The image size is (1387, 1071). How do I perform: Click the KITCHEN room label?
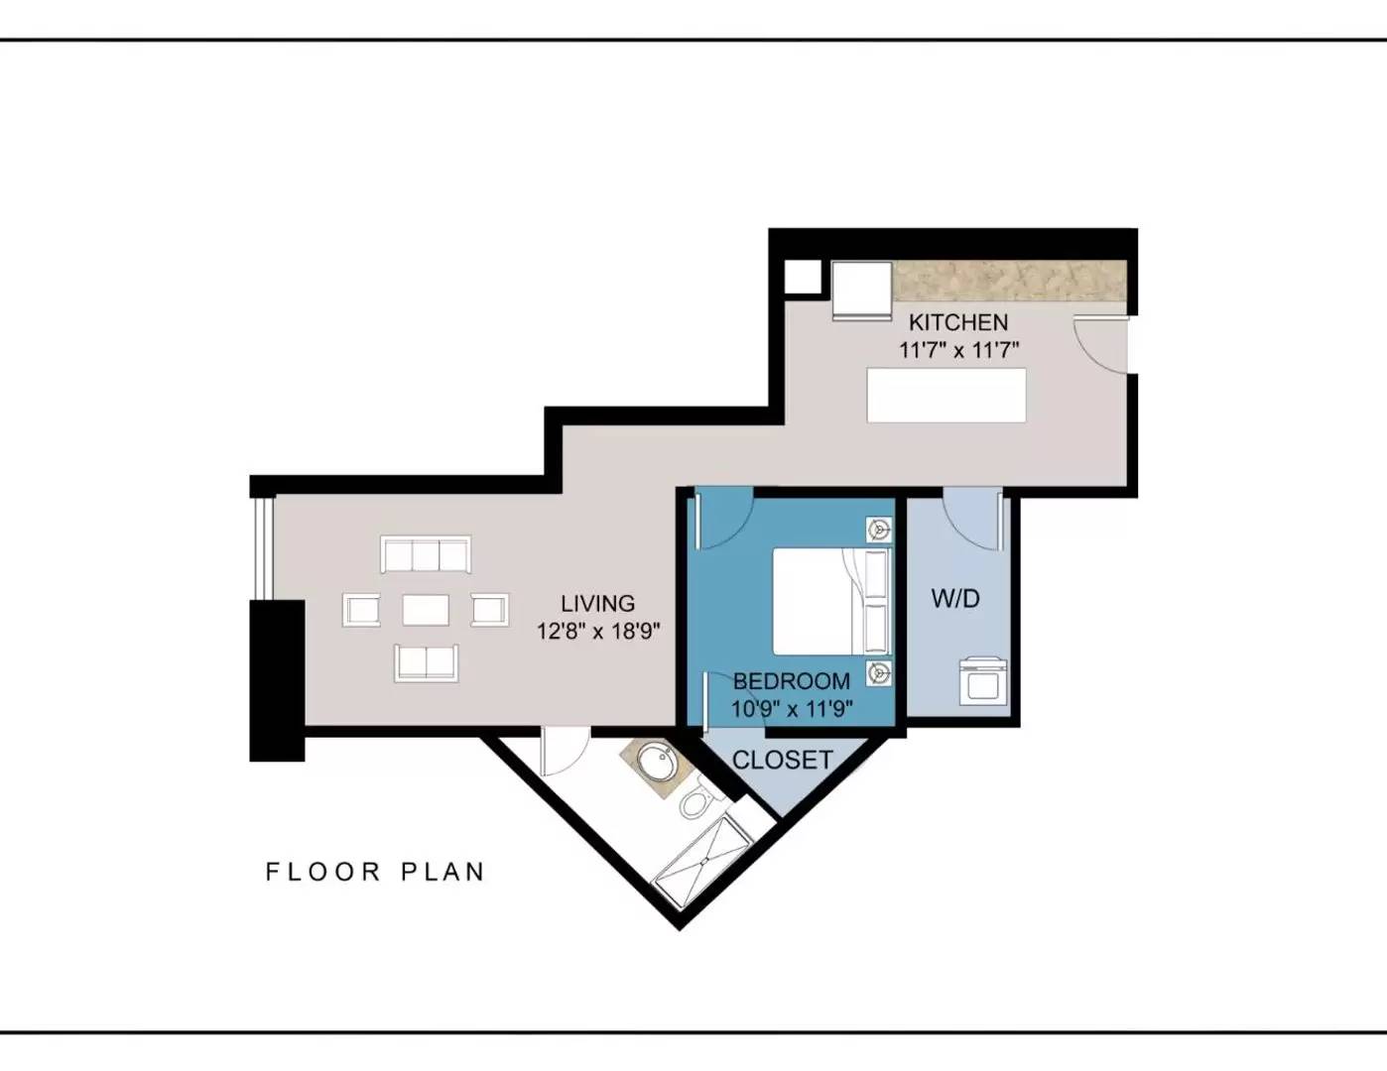coord(958,322)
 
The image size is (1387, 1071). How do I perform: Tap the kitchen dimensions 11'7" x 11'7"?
coord(958,350)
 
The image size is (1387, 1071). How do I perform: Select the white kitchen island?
coord(946,396)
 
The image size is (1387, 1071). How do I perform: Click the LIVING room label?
coord(598,604)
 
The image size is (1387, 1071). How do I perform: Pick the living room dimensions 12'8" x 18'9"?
coord(598,632)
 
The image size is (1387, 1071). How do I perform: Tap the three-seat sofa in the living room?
coord(426,554)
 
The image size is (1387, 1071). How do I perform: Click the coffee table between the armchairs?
coord(426,610)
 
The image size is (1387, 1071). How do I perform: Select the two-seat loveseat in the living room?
coord(427,663)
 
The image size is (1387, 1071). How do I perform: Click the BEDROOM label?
coord(792,682)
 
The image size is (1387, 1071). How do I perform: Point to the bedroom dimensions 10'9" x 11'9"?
coord(792,709)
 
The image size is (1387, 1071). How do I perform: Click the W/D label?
coord(955,599)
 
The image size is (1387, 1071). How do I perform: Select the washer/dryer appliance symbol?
coord(983,680)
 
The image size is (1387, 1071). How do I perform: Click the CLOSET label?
coord(783,760)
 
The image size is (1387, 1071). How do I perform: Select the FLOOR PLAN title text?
coord(375,872)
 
